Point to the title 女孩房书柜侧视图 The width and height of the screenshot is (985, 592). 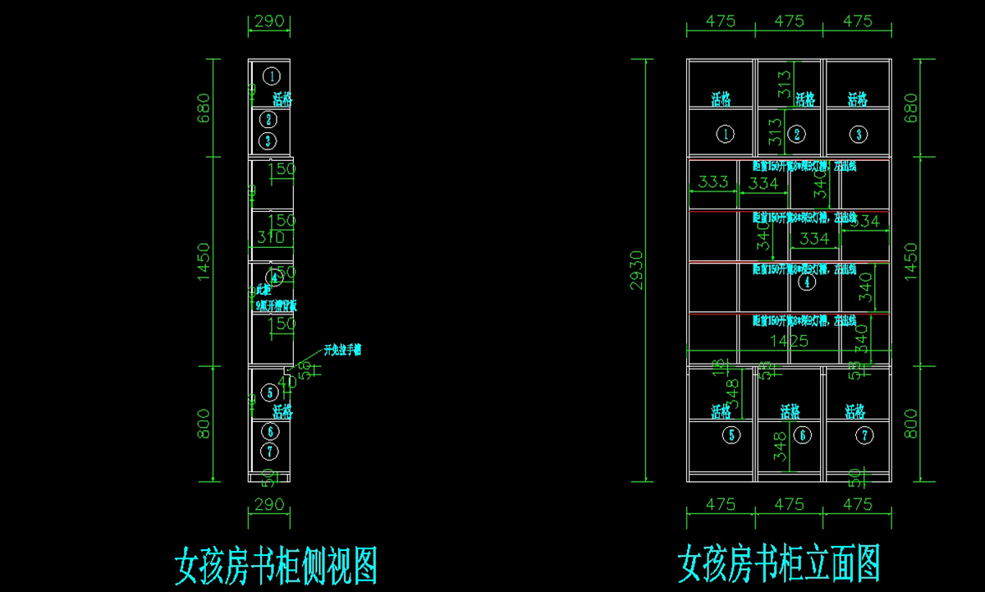[276, 566]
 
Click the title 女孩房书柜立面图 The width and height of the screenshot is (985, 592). [778, 566]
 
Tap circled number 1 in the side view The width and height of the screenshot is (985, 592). [273, 76]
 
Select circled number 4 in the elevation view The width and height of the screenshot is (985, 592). [808, 282]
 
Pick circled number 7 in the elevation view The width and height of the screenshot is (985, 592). [864, 436]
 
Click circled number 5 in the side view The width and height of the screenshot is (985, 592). [269, 393]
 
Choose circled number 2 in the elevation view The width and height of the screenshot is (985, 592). [795, 134]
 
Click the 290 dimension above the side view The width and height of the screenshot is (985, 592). [268, 21]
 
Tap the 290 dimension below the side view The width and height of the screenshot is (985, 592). [268, 503]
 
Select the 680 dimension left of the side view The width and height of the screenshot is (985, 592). [204, 107]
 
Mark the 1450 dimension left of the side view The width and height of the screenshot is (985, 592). [204, 261]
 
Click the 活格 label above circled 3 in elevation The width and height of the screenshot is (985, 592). [857, 99]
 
